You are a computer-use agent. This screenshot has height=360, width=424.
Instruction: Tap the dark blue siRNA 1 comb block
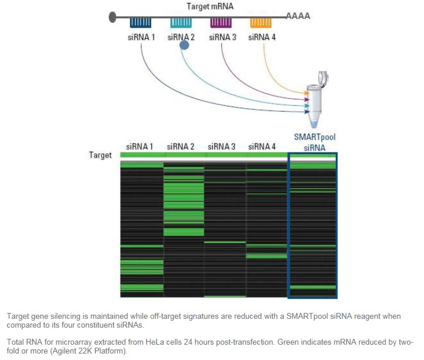coord(142,22)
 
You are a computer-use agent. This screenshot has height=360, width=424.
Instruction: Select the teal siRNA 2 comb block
coord(182,22)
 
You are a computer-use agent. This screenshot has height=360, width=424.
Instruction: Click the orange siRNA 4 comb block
coord(261,22)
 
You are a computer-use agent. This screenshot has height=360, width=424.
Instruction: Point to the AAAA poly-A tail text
coord(298,16)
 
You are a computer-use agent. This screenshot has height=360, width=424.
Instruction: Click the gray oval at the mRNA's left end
coord(112,16)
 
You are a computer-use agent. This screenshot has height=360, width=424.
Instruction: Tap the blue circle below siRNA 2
coord(184,45)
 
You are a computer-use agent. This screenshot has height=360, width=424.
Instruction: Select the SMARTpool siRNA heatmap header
coord(314,142)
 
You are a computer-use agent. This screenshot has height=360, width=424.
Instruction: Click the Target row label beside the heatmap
coord(100,156)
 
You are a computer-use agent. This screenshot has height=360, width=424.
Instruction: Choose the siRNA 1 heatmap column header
coord(141,146)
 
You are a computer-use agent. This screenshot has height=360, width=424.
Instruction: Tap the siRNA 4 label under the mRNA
coord(261,37)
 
